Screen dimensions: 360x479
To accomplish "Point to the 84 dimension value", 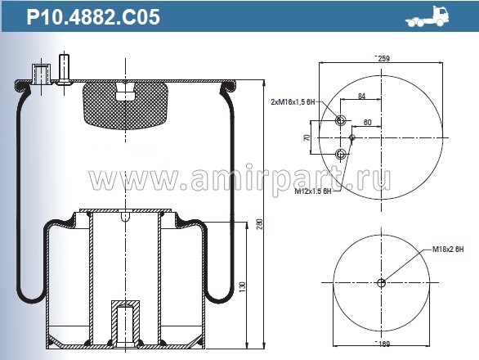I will pos(361,97).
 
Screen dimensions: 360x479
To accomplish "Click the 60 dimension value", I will pos(368,122).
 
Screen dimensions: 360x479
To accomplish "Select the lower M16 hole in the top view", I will pos(339,153).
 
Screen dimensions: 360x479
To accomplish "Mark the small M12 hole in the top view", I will pos(352,137).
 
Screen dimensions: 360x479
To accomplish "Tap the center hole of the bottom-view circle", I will pos(381,283).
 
